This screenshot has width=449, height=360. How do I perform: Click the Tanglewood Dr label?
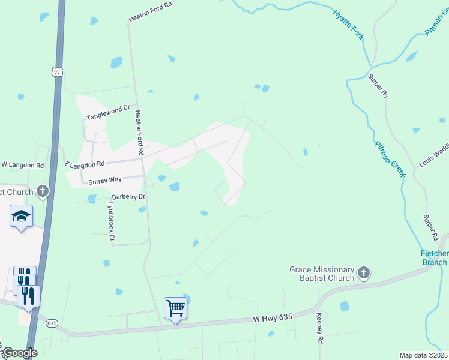click(108, 113)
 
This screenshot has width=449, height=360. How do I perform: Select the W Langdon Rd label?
click(22, 164)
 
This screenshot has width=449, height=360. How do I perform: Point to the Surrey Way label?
click(105, 180)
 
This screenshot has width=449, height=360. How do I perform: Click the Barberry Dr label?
click(129, 196)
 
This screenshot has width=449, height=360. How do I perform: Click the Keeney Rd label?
click(320, 327)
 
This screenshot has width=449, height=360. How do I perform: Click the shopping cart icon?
click(176, 308)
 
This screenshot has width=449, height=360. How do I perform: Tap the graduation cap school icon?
click(21, 216)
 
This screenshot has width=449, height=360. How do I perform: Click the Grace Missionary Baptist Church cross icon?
click(363, 274)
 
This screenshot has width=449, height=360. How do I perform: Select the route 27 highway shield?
click(57, 72)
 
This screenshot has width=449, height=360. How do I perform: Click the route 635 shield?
click(52, 323)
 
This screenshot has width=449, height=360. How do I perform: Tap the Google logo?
click(20, 353)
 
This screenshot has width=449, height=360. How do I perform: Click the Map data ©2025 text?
click(423, 355)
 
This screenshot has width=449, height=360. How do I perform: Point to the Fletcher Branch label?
click(433, 257)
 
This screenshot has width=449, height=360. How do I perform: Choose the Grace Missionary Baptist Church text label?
click(322, 274)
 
